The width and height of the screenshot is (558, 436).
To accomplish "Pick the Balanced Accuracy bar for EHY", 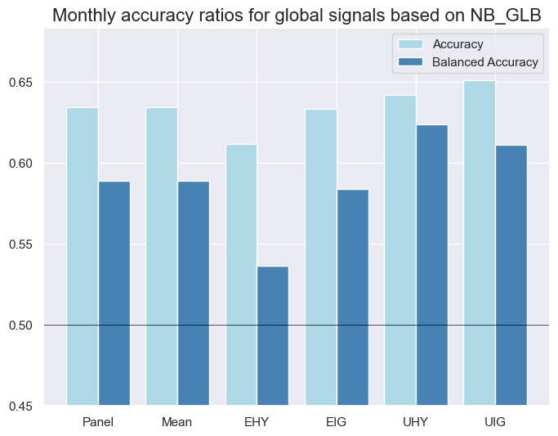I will (x=273, y=335).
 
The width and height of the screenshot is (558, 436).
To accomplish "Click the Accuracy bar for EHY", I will (x=241, y=274).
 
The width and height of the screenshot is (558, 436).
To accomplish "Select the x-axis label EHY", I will (x=257, y=422).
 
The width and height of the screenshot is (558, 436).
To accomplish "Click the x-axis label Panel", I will (x=98, y=422).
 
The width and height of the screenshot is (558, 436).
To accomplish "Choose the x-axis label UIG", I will (x=496, y=422).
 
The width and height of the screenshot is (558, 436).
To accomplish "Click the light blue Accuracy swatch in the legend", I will (x=408, y=43).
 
